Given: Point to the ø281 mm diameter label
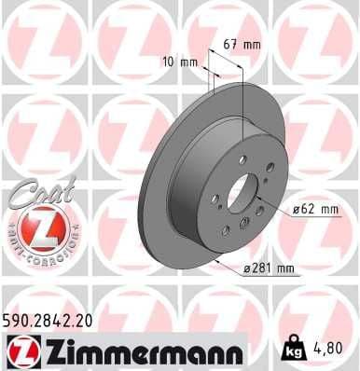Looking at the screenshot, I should (270, 269).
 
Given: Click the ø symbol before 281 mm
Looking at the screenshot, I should (246, 269).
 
